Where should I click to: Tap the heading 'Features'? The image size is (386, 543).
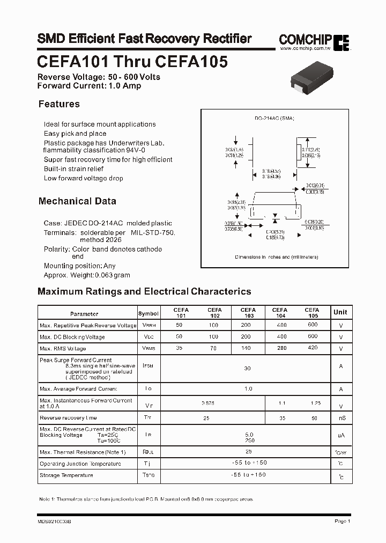[x=59, y=104]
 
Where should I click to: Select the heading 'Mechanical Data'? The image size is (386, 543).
[x=77, y=201]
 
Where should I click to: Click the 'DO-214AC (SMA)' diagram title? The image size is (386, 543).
[x=274, y=118]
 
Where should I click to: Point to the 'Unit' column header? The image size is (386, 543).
[x=340, y=312]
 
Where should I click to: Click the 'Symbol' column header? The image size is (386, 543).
[x=149, y=313]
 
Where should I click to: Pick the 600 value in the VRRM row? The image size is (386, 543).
[x=312, y=325]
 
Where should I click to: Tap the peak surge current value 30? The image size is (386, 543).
[x=248, y=369]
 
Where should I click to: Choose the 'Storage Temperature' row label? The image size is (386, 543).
[x=66, y=475]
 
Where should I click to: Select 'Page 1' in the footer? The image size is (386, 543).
[x=342, y=521]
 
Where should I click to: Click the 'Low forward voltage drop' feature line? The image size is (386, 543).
[x=83, y=178]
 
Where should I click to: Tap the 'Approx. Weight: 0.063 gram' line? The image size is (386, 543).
[x=87, y=275]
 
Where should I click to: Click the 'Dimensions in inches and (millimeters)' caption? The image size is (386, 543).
[x=277, y=257]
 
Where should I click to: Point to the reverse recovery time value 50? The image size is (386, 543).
[x=314, y=417]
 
